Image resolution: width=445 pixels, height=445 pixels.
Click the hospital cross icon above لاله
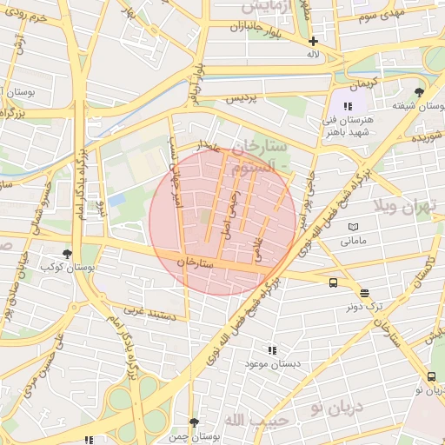click(313, 41)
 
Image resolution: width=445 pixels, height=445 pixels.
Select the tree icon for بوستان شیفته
click(420, 92)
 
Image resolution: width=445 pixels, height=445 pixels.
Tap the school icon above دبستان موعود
click(273, 350)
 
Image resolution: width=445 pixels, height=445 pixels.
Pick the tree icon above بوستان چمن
click(194, 422)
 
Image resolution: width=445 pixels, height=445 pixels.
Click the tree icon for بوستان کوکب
click(68, 254)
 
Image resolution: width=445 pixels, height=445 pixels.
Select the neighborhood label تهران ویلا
click(402, 206)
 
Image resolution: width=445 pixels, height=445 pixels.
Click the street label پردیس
click(242, 98)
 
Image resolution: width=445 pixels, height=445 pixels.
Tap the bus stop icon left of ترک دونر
click(334, 282)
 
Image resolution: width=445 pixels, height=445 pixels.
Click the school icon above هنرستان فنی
click(349, 106)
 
